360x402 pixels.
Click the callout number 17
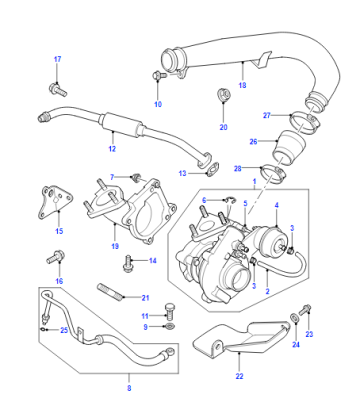point(58,59)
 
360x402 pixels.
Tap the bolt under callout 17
point(58,90)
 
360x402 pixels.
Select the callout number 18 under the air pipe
point(242,85)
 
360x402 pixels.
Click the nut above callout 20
point(224,95)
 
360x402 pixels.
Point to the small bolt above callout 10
point(159,75)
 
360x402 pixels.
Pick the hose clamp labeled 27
point(305,121)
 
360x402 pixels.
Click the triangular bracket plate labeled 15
point(54,202)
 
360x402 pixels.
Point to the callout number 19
point(115,246)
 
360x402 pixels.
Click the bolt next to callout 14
point(128,264)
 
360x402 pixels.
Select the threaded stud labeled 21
point(110,291)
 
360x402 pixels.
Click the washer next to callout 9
point(170,326)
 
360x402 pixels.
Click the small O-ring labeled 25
point(44,330)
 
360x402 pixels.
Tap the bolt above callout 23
point(305,310)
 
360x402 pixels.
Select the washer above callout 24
point(295,318)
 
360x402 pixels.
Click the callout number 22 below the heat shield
point(239,376)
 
